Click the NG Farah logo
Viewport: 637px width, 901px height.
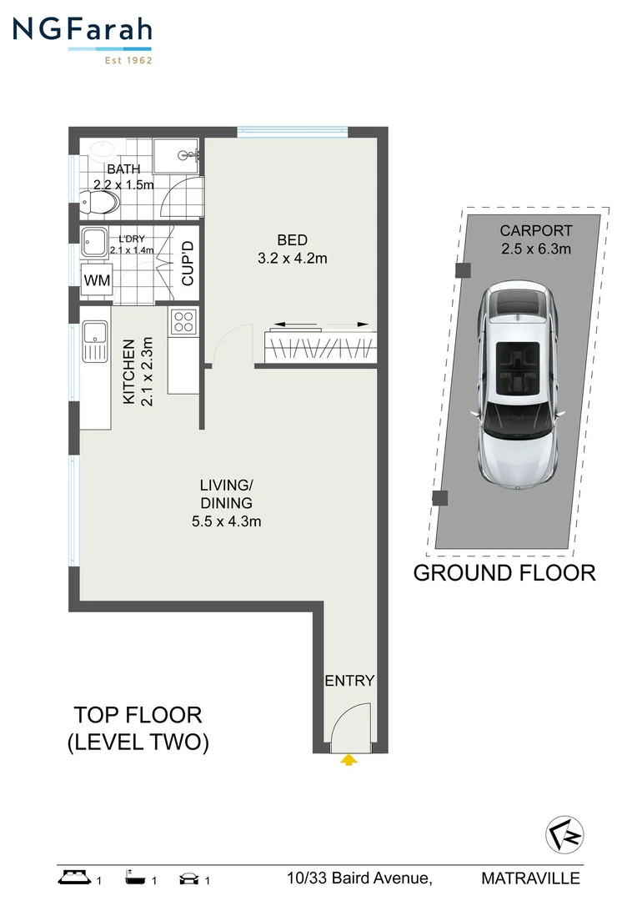pos(82,38)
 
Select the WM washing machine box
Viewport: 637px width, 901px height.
pos(97,280)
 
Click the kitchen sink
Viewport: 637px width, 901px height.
pos(95,343)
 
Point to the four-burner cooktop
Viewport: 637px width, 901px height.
pos(183,321)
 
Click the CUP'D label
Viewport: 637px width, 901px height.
pos(188,263)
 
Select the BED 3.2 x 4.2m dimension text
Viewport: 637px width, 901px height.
pos(292,249)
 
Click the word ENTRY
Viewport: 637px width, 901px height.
pos(349,681)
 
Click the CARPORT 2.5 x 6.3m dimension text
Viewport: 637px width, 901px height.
pos(535,239)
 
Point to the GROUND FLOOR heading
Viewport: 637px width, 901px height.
pos(504,573)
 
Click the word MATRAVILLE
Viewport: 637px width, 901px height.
pos(530,878)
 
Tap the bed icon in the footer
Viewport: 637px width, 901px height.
pos(74,878)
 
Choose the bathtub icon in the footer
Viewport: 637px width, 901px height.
pos(134,878)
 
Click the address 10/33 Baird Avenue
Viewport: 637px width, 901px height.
pos(359,878)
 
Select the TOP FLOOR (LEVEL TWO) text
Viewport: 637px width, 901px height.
pos(138,728)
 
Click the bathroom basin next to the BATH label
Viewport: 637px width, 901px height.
pos(103,153)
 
